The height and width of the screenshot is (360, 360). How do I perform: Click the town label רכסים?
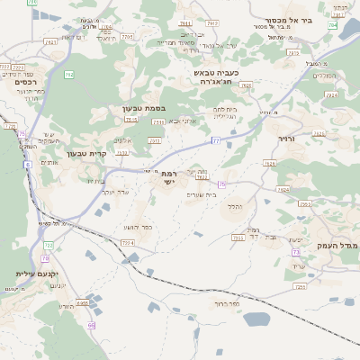click(x=25, y=82)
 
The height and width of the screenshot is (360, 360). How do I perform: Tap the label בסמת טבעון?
click(x=141, y=108)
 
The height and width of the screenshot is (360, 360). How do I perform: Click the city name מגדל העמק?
click(x=342, y=245)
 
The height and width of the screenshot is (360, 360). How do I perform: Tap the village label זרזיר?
click(x=286, y=138)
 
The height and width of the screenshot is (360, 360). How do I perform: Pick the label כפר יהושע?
click(x=139, y=227)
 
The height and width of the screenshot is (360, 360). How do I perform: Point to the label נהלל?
click(x=236, y=207)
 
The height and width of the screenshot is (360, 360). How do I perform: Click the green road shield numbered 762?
click(x=68, y=75)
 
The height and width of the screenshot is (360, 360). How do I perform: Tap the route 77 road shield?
click(x=216, y=140)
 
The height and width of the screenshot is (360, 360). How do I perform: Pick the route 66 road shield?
click(x=91, y=325)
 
